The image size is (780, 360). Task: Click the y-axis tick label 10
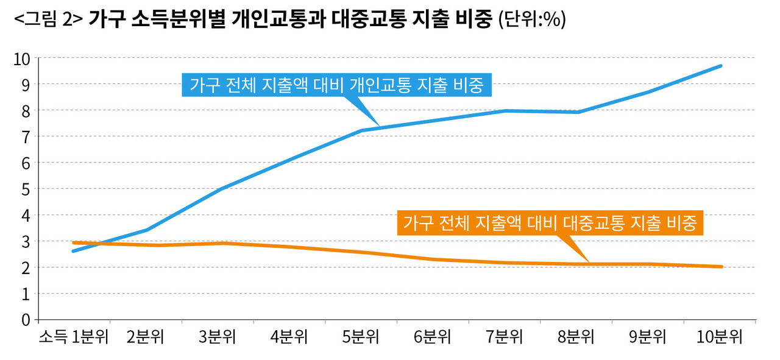click(x=22, y=58)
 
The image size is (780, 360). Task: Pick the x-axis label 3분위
click(x=218, y=337)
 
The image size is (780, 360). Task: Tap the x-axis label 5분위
click(x=361, y=337)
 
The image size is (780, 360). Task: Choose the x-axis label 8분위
click(x=576, y=337)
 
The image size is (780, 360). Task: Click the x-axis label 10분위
click(x=720, y=337)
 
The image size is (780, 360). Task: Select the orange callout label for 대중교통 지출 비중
click(x=550, y=223)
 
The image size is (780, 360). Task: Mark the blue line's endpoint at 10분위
click(x=721, y=66)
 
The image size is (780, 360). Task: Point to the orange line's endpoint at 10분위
click(x=721, y=266)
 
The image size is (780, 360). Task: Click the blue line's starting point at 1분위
click(x=74, y=251)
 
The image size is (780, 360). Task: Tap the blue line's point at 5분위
click(x=361, y=130)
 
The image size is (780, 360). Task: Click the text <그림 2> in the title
click(x=48, y=20)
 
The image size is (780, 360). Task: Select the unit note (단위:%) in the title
click(x=531, y=20)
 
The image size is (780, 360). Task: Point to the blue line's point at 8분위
click(x=577, y=112)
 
